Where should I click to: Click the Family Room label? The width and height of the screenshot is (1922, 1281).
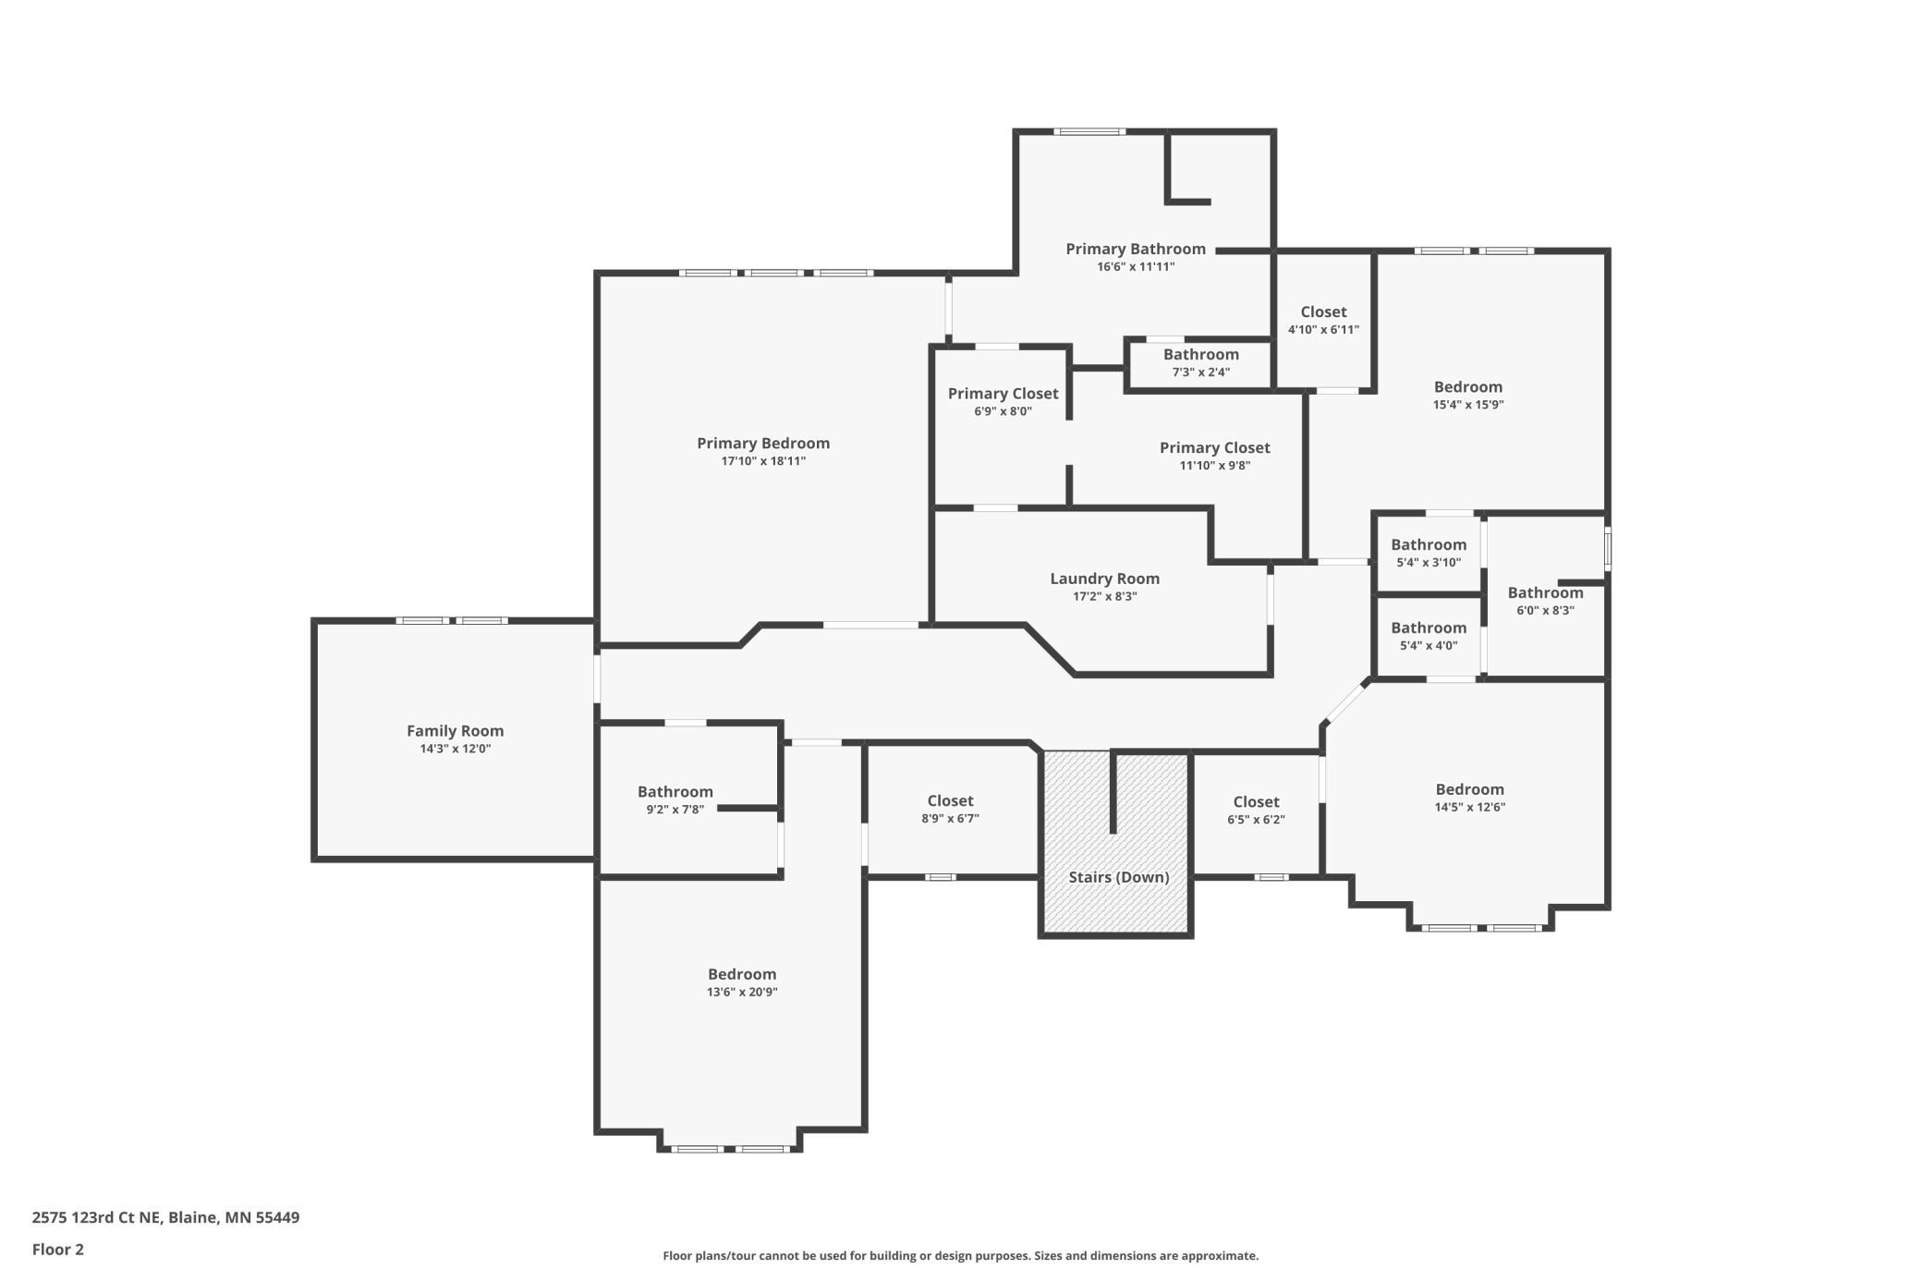coord(455,731)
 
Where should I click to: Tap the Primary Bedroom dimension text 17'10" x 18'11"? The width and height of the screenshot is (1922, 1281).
coord(763,461)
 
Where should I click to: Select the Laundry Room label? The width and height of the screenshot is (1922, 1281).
coord(1104,579)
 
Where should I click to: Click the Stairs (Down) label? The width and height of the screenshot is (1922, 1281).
coord(1119,877)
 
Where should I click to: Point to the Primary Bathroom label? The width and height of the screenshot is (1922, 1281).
coord(1136,250)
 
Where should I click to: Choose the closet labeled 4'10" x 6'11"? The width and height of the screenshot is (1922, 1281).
coord(1323,321)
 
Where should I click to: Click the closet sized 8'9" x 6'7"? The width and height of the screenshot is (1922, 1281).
coord(950,809)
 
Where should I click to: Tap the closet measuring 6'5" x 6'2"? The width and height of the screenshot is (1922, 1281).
coord(1256,810)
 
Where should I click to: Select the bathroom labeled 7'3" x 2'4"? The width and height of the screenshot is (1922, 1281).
coord(1200,363)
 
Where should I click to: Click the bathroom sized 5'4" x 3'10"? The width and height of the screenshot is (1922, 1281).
coord(1429,553)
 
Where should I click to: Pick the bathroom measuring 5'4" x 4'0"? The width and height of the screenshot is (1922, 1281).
coord(1429,636)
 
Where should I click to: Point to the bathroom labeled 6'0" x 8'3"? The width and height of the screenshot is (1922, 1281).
coord(1545,601)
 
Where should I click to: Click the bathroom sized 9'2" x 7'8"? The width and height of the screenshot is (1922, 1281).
coord(675,799)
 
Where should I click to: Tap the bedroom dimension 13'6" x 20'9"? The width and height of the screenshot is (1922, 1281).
coord(742,993)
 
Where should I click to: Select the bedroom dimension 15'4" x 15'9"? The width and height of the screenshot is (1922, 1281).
coord(1468,405)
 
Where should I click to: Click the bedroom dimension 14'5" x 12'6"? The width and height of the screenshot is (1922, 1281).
coord(1469,807)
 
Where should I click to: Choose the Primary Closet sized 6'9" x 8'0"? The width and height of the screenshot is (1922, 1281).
coord(1003,402)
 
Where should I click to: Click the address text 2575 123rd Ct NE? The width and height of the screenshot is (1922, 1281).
coord(95,1217)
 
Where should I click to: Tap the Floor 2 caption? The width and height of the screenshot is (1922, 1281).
coord(57,1250)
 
